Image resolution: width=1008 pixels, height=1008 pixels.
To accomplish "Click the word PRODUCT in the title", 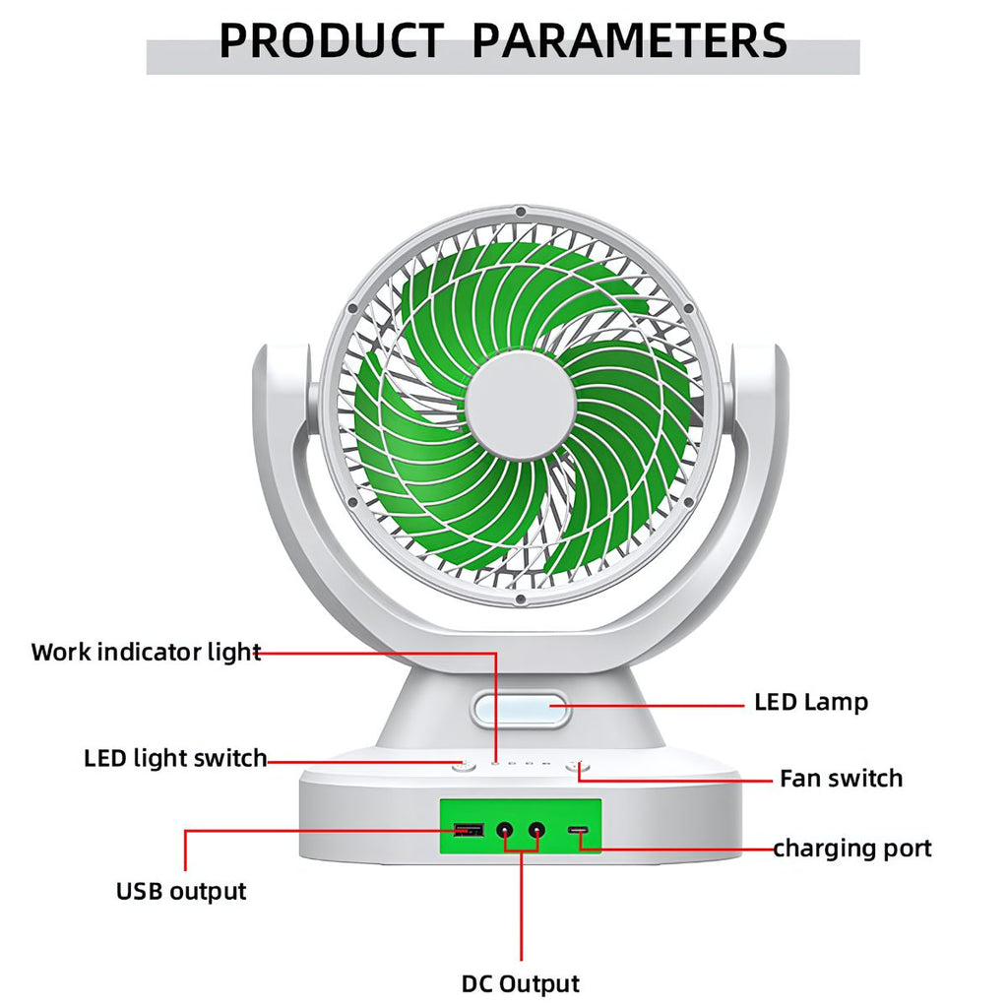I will click(x=331, y=41).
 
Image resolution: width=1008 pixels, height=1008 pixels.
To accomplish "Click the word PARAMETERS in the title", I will click(x=630, y=41).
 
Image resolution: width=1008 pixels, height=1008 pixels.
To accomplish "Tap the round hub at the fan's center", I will click(x=520, y=405).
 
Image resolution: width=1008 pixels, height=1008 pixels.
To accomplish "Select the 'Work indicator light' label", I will click(x=146, y=652).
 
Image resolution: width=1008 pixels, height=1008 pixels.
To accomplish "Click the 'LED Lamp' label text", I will click(x=811, y=703).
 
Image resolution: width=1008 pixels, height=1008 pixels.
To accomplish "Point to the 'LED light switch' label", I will click(x=175, y=759).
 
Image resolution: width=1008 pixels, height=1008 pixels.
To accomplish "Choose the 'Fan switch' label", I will click(x=841, y=779).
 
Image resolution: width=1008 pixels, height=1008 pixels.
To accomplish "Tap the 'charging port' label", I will click(x=851, y=849).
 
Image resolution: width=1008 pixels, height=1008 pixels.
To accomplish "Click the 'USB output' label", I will click(x=181, y=892).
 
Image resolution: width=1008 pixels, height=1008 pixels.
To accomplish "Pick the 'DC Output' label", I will click(x=521, y=983).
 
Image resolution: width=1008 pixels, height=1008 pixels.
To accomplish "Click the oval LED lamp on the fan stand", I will click(x=520, y=709).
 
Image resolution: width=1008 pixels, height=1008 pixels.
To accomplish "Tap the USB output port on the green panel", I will click(x=468, y=831).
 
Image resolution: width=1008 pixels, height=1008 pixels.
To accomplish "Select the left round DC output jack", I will click(x=506, y=831).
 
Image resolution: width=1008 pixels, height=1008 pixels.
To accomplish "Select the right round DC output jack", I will click(x=536, y=831).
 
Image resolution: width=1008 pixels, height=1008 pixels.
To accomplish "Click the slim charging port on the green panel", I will click(x=580, y=833).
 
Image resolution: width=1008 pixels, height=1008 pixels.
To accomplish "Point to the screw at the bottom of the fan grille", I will click(x=520, y=598).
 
